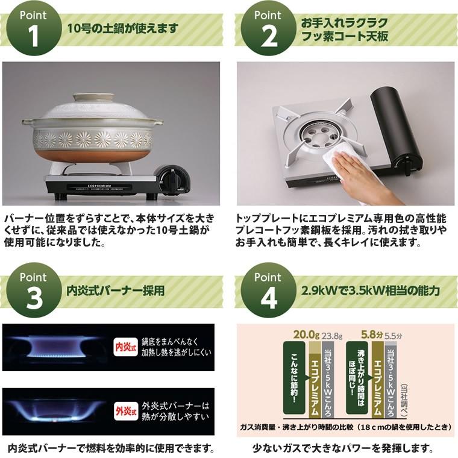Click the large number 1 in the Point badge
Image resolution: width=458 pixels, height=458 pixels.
pos(34,37)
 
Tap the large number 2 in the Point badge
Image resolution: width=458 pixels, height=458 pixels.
pos(268,37)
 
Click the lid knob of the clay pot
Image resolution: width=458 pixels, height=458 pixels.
pos(94,98)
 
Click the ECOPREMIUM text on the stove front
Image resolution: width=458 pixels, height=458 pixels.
pos(99,186)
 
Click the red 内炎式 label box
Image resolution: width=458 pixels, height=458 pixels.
pos(125,347)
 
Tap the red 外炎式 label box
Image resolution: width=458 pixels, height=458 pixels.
pos(125,412)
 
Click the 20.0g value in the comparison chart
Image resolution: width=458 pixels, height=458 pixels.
pos(306,334)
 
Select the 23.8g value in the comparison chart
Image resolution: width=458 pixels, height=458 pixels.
pos(332,336)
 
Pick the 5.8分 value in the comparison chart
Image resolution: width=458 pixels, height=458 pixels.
pos(372,334)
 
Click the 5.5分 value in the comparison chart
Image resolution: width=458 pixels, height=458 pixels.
pos(393,336)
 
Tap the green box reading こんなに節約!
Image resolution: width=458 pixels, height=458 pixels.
pos(295,378)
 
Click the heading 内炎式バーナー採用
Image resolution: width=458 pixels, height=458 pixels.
pos(116,290)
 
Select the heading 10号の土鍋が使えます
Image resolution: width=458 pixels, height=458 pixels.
pos(123,29)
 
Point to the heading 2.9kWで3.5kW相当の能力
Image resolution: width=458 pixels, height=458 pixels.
pos(371,290)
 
